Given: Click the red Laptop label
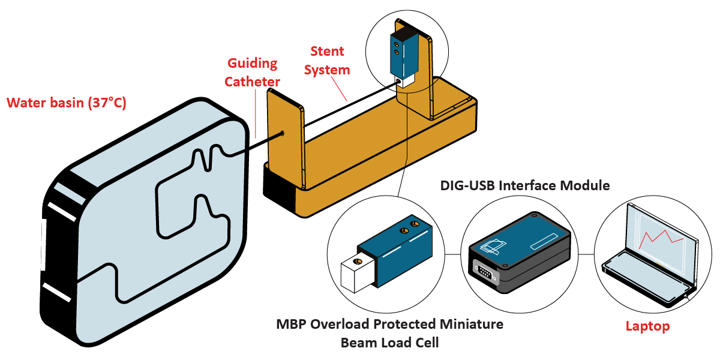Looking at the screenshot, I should [647, 327].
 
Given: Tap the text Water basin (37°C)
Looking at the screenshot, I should [66, 103].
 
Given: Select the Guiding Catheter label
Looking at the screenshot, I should [252, 71].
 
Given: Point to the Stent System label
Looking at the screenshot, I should [327, 60].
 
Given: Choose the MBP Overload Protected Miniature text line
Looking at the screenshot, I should [390, 325].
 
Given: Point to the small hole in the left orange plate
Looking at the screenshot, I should [282, 134].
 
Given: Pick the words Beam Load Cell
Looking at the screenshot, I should [390, 343].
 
